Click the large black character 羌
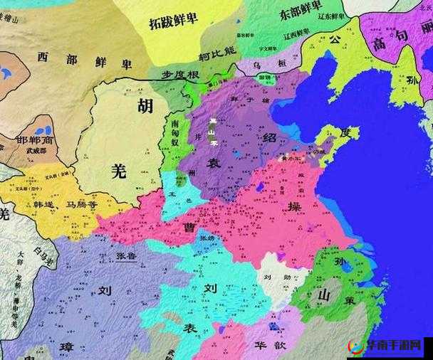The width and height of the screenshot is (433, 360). [119, 170]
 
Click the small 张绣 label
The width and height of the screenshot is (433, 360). [206, 238]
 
